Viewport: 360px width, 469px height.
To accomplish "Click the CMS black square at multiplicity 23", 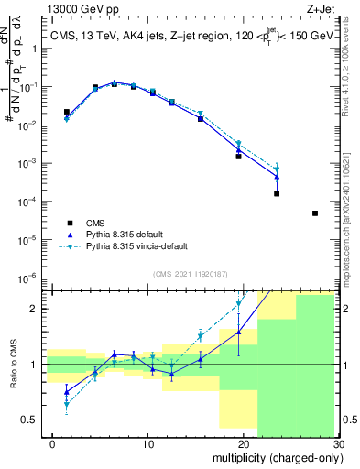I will (x=277, y=193).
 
